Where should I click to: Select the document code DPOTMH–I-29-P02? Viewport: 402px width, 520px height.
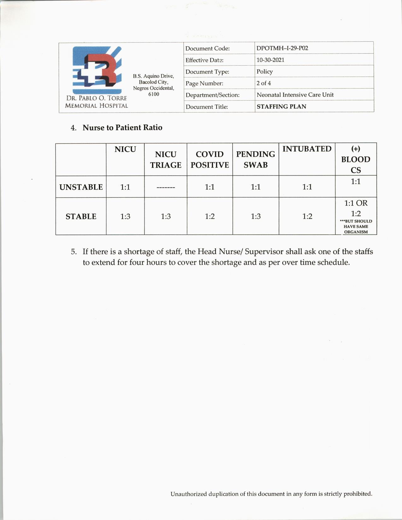pyautogui.click(x=282, y=48)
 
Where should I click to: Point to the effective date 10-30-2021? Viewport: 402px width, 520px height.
pyautogui.click(x=270, y=60)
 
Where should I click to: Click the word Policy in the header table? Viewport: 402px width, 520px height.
pyautogui.click(x=265, y=72)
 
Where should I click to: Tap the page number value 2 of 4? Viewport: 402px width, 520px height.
pyautogui.click(x=264, y=83)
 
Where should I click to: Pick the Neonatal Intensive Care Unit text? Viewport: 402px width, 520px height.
pyautogui.click(x=295, y=95)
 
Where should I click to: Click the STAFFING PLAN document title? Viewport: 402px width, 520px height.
pyautogui.click(x=281, y=107)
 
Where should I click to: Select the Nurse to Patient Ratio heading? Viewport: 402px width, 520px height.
pyautogui.click(x=122, y=128)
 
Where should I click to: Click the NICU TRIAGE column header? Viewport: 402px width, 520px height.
pyautogui.click(x=166, y=159)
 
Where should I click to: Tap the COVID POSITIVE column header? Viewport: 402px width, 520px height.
pyautogui.click(x=210, y=159)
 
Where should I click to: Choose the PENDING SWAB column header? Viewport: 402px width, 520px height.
pyautogui.click(x=255, y=159)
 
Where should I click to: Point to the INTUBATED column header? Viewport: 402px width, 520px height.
pyautogui.click(x=307, y=149)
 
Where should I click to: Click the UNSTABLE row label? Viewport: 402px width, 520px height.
pyautogui.click(x=81, y=187)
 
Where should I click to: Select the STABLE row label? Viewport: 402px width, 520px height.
pyautogui.click(x=81, y=217)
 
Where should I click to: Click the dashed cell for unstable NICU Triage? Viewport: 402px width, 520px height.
pyautogui.click(x=166, y=187)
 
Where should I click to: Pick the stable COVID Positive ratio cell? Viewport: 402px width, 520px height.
pyautogui.click(x=210, y=217)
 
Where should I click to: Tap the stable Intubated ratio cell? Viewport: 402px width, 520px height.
pyautogui.click(x=307, y=217)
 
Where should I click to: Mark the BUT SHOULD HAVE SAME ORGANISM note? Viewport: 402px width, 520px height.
pyautogui.click(x=356, y=227)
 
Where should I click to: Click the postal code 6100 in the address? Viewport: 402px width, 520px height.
pyautogui.click(x=154, y=94)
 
